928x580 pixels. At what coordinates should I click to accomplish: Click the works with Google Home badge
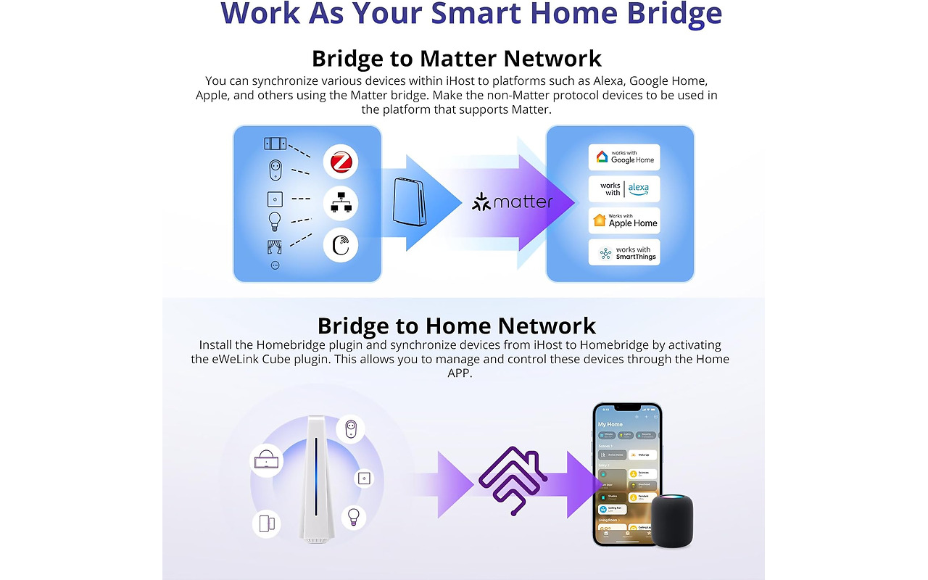pyautogui.click(x=623, y=157)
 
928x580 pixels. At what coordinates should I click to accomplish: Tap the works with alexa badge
pyautogui.click(x=623, y=189)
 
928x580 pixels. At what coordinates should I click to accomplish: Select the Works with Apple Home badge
pyautogui.click(x=623, y=220)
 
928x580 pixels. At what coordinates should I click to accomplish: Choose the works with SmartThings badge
pyautogui.click(x=623, y=252)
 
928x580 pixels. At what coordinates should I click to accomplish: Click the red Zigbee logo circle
pyautogui.click(x=341, y=162)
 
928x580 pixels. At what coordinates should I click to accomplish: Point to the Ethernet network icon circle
pyautogui.click(x=341, y=204)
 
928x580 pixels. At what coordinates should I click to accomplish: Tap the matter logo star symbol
pyautogui.click(x=481, y=202)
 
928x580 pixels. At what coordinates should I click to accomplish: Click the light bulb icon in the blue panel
pyautogui.click(x=275, y=220)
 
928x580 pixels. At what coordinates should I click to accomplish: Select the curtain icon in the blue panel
pyautogui.click(x=275, y=246)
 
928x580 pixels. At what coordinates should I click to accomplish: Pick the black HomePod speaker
pyautogui.click(x=672, y=519)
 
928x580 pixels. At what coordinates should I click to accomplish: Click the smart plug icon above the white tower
pyautogui.click(x=350, y=430)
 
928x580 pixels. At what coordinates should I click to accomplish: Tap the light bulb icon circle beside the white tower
pyautogui.click(x=353, y=516)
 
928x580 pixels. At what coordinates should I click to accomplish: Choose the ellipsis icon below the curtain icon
pyautogui.click(x=275, y=265)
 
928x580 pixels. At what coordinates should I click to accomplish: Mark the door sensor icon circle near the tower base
pyautogui.click(x=267, y=523)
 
